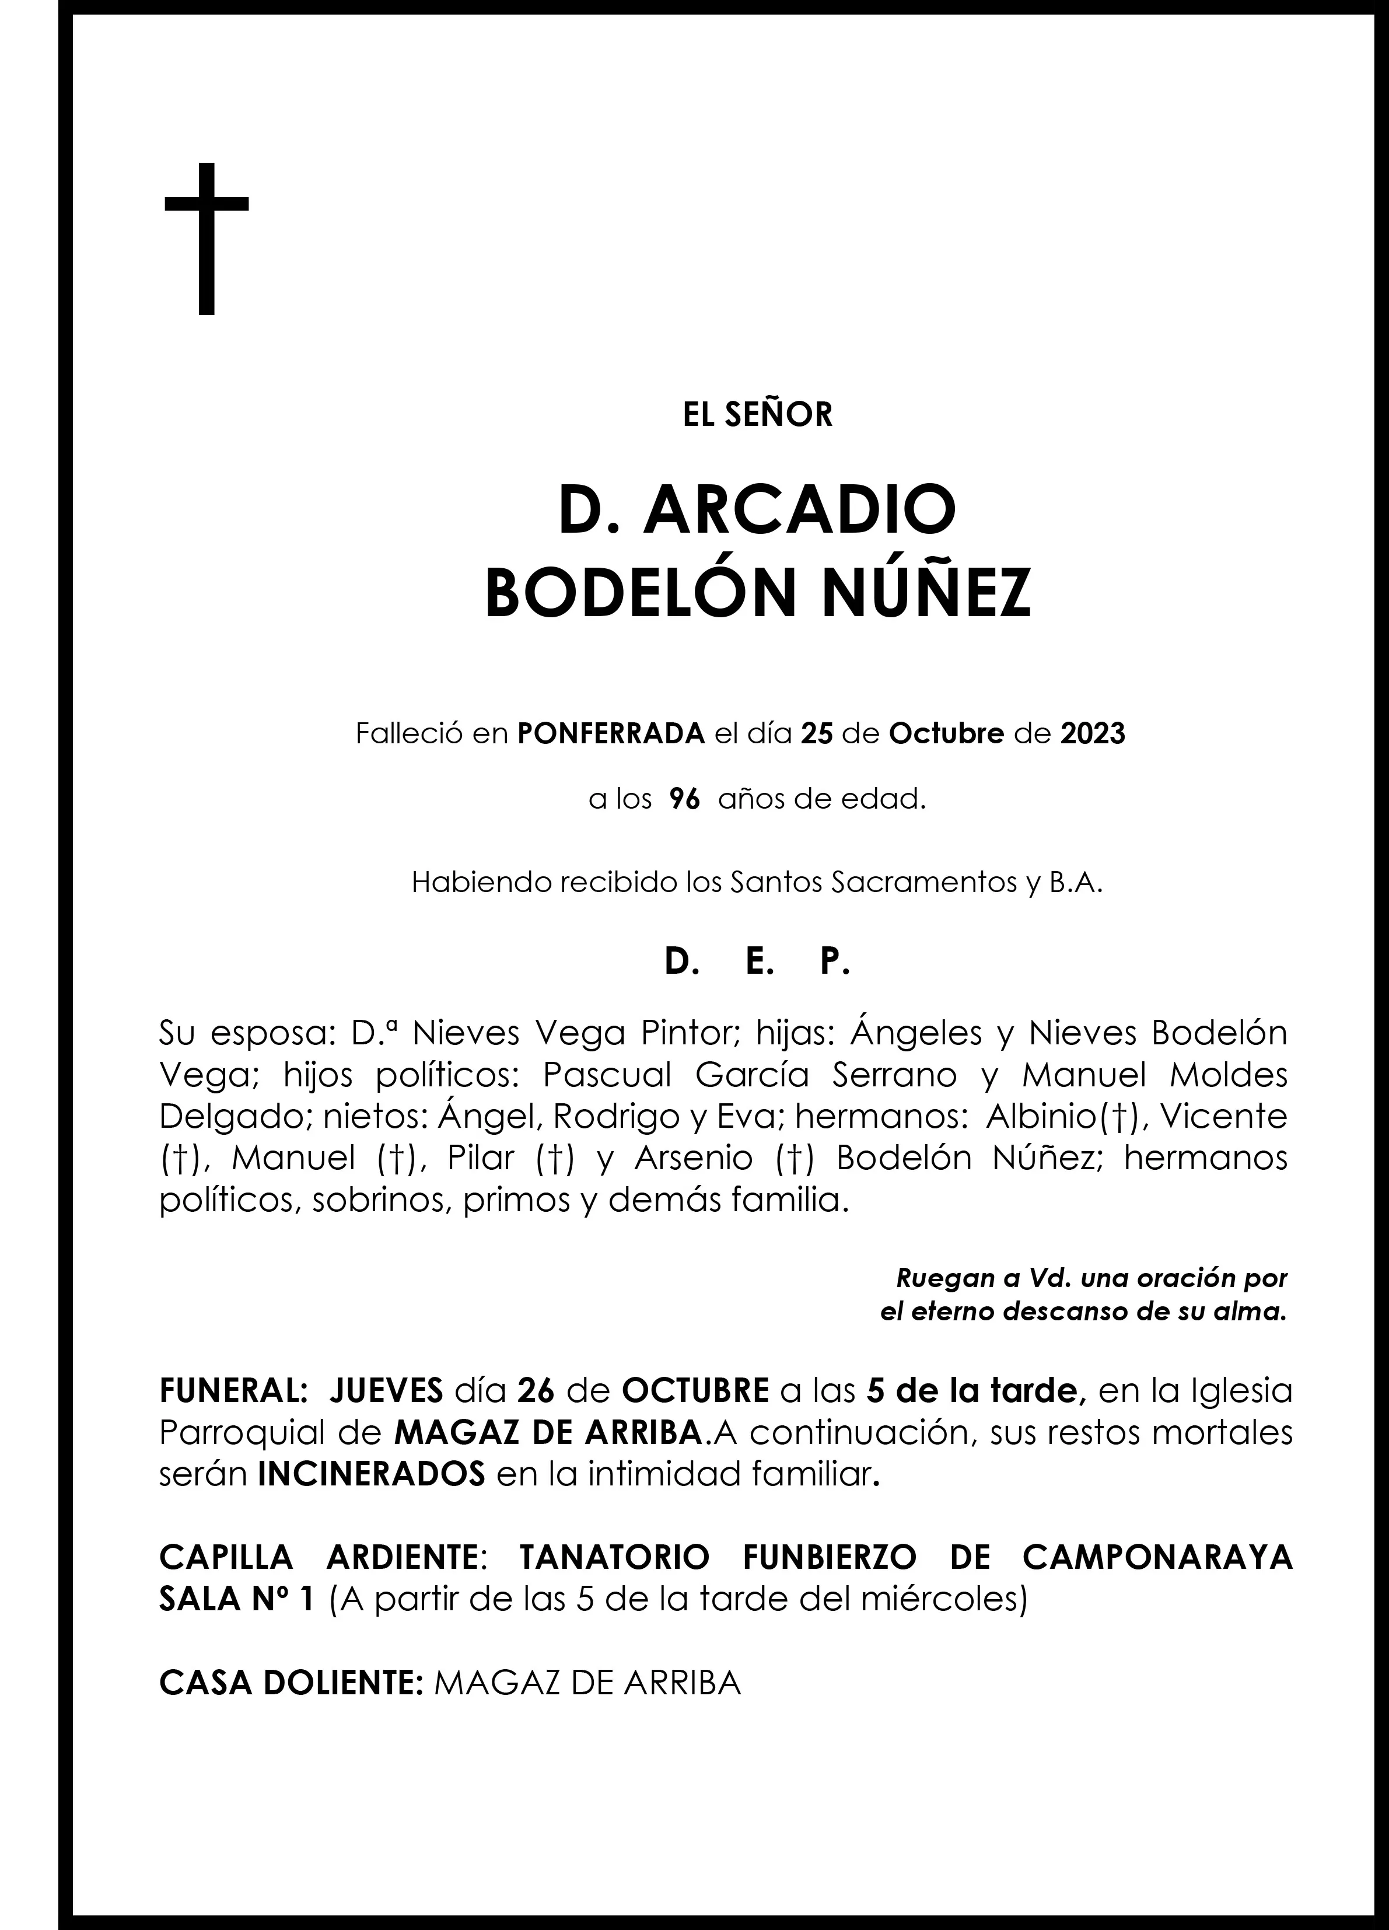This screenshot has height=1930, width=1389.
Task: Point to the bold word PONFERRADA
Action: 611,733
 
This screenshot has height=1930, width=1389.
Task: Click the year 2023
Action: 1092,733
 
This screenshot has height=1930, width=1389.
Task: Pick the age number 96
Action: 684,800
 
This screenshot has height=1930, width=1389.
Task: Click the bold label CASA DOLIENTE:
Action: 291,1683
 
